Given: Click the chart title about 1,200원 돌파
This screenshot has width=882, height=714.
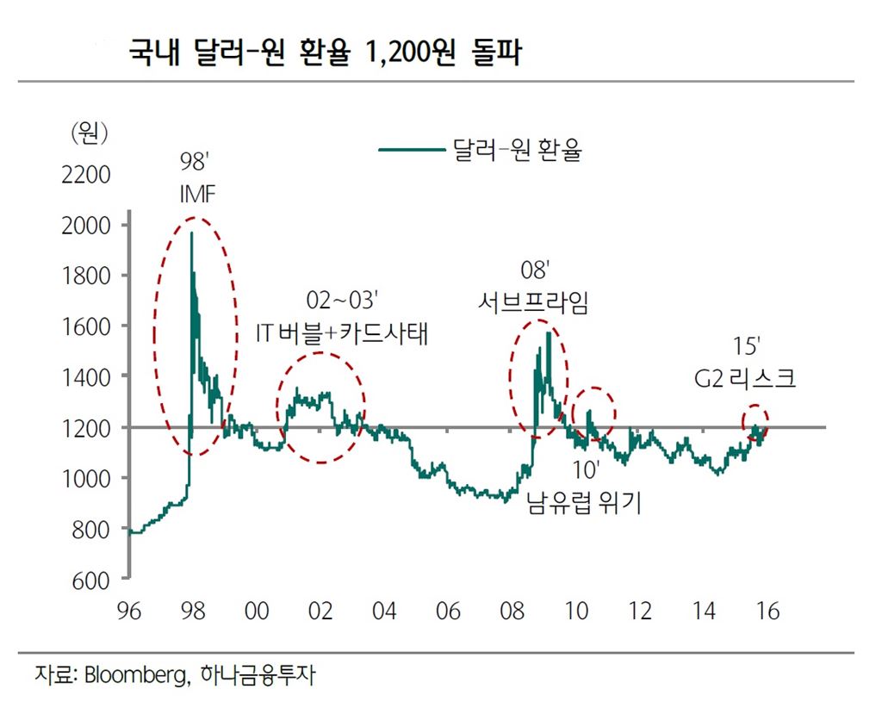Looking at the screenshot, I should [x=326, y=53].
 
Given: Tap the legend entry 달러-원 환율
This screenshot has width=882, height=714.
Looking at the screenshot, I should [x=517, y=151].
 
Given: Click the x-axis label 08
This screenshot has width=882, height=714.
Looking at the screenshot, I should [x=512, y=612].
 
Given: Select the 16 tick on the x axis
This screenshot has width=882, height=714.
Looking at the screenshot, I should [x=767, y=612].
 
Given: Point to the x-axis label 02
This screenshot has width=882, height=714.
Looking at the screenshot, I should [x=320, y=612].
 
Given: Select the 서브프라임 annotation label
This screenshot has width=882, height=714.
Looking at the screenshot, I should [x=534, y=303].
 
